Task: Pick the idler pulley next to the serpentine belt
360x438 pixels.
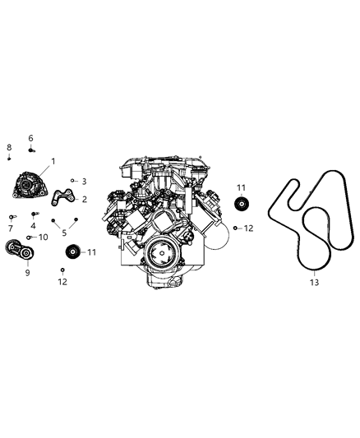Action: coord(242,206)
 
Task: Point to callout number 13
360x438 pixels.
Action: coord(312,282)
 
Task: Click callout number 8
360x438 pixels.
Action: coord(9,146)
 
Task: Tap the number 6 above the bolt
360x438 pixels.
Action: coord(31,138)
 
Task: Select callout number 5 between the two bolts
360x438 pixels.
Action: coord(64,233)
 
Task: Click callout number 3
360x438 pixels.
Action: coord(84,181)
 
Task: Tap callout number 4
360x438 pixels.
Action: coord(34,225)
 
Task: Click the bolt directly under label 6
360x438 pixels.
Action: coord(31,150)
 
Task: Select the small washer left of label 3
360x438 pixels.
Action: coord(72,179)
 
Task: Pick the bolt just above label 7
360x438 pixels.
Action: coord(11,217)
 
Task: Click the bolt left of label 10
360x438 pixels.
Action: coord(30,237)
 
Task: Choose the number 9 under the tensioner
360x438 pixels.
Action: coord(27,272)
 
